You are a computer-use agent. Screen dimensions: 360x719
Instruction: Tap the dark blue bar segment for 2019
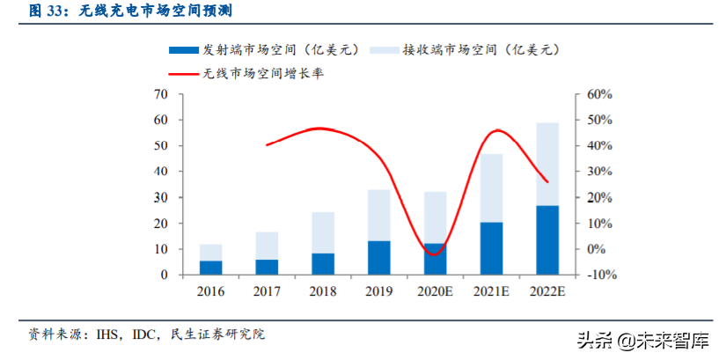pyautogui.click(x=379, y=257)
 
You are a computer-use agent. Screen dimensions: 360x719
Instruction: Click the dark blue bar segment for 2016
pyautogui.click(x=211, y=267)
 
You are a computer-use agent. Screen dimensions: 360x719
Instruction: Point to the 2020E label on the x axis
pyautogui.click(x=435, y=291)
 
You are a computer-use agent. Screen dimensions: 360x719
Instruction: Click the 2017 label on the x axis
pyautogui.click(x=267, y=291)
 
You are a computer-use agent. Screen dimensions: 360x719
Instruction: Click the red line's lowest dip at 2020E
pyautogui.click(x=433, y=254)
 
